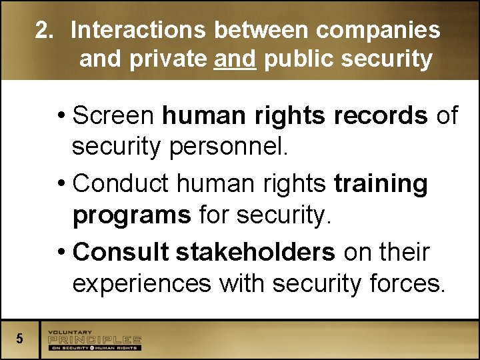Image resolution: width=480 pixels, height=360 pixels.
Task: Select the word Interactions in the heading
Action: tap(139, 30)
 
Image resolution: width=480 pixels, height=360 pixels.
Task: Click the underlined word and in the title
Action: tap(235, 59)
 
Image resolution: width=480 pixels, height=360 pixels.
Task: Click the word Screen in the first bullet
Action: tap(114, 115)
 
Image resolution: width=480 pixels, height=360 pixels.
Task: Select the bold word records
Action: tap(381, 115)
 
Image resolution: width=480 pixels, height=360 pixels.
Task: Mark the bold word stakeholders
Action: tap(255, 252)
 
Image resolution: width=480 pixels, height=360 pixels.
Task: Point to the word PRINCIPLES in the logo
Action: tap(94, 339)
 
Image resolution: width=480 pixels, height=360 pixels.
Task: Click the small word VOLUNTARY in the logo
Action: tap(71, 332)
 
